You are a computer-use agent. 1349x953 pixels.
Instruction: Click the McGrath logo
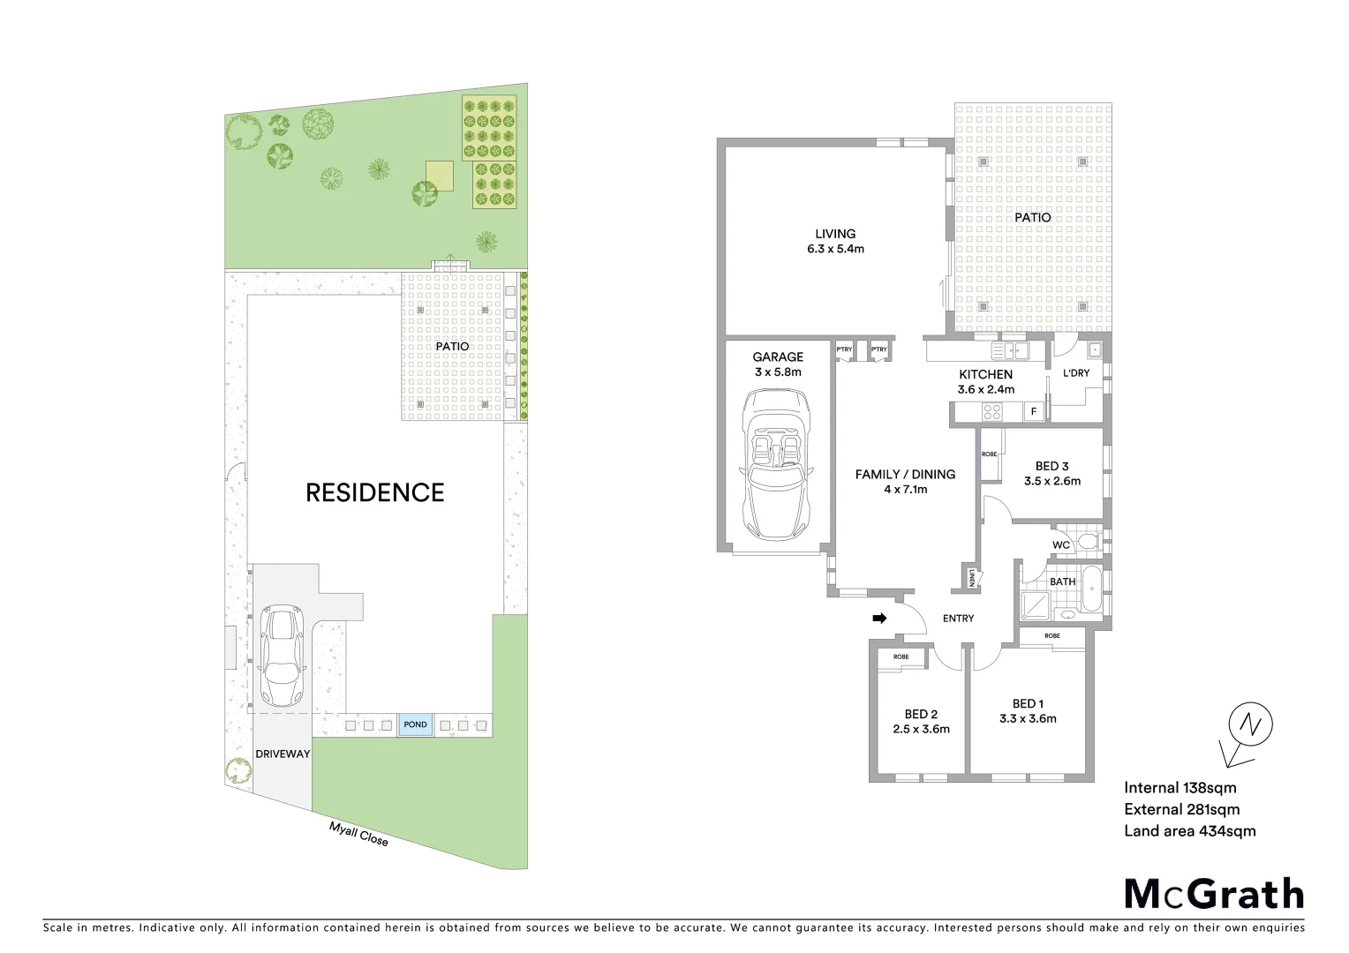pyautogui.click(x=1213, y=893)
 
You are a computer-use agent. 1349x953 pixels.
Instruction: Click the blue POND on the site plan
pyautogui.click(x=415, y=724)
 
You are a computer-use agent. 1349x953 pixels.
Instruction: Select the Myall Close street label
pyautogui.click(x=358, y=833)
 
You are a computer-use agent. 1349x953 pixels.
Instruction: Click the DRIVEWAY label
pyautogui.click(x=283, y=754)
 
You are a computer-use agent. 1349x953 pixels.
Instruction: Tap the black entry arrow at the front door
pyautogui.click(x=879, y=619)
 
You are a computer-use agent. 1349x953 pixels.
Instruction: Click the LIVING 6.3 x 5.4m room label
pyautogui.click(x=835, y=241)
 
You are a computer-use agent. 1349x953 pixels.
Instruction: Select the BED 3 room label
pyautogui.click(x=1051, y=473)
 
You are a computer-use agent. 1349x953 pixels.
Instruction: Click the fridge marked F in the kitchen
pyautogui.click(x=1033, y=411)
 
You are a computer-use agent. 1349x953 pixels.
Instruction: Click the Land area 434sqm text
pyautogui.click(x=1189, y=830)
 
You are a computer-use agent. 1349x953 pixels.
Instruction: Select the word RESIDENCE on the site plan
pyautogui.click(x=374, y=492)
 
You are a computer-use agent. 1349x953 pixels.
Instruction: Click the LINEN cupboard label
pyautogui.click(x=971, y=579)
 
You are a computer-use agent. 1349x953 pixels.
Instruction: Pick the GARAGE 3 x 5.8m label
pyautogui.click(x=778, y=364)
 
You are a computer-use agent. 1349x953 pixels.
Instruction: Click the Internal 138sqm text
pyautogui.click(x=1179, y=788)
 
